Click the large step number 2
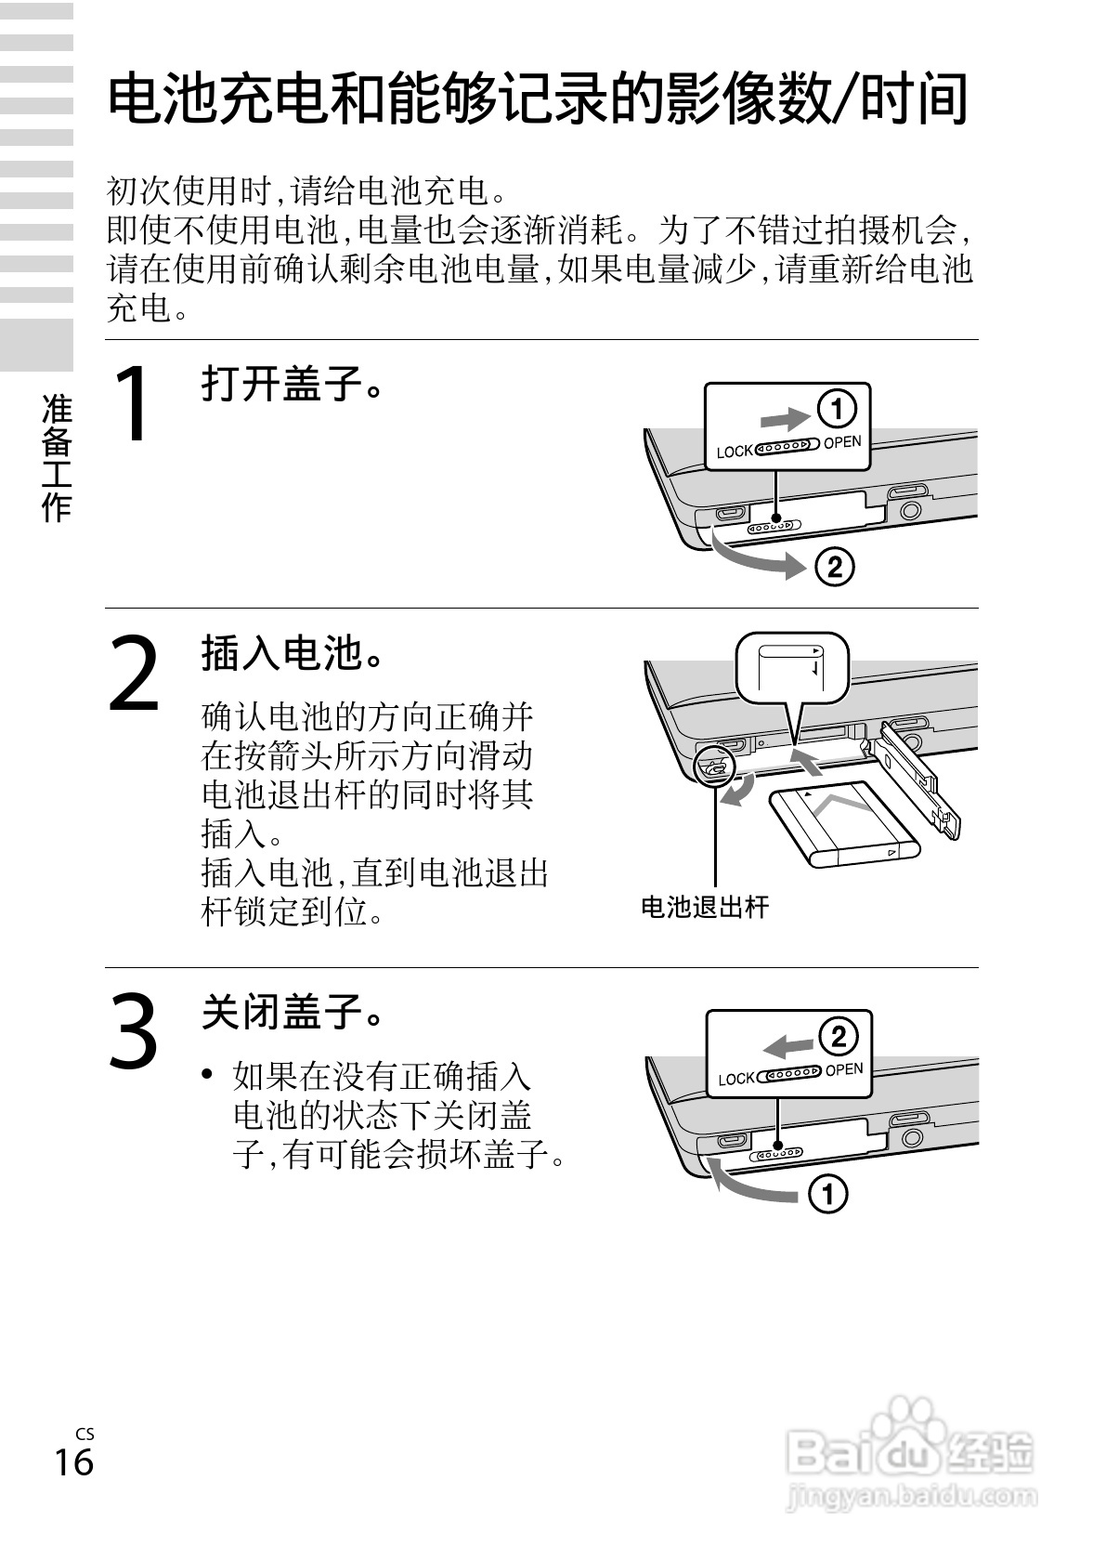click(x=136, y=673)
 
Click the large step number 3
click(x=135, y=1029)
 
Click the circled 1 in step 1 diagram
click(x=836, y=408)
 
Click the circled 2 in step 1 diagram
click(x=834, y=566)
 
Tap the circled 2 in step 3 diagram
click(x=838, y=1035)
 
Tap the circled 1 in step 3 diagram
click(x=828, y=1194)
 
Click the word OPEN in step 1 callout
click(x=842, y=442)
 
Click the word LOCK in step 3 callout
click(x=736, y=1079)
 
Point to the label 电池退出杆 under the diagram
click(x=705, y=907)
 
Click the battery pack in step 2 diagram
click(x=843, y=823)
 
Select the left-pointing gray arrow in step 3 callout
click(x=787, y=1045)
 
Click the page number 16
click(x=73, y=1461)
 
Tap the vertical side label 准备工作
click(x=57, y=457)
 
